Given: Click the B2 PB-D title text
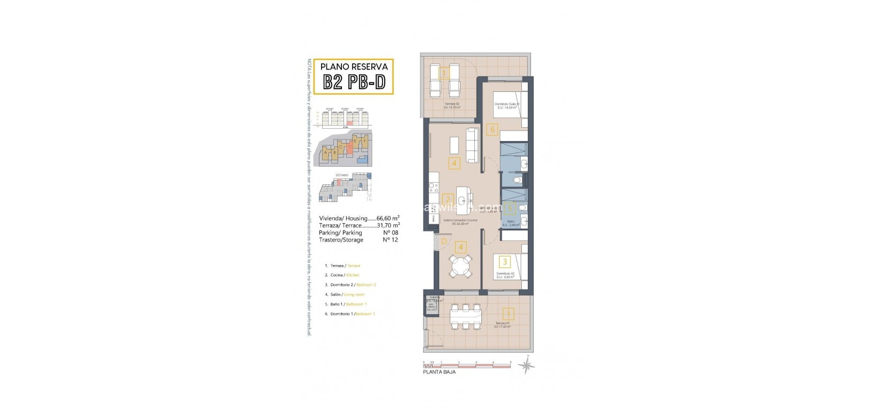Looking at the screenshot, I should point(354,82).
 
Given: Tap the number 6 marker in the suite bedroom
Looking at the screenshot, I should point(493,129).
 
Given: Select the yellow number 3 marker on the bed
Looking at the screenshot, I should point(505,261).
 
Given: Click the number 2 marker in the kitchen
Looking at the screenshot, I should point(449,200).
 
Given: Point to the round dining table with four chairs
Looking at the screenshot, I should point(461,266).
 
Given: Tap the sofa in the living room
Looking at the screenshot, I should point(472,145).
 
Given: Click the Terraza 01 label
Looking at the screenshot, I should point(502,324).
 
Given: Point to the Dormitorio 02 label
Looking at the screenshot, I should point(504,274).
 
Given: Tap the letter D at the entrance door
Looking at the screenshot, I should point(443,241).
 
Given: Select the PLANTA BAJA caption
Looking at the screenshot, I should point(439,371).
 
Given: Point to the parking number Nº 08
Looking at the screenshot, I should point(390,232).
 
